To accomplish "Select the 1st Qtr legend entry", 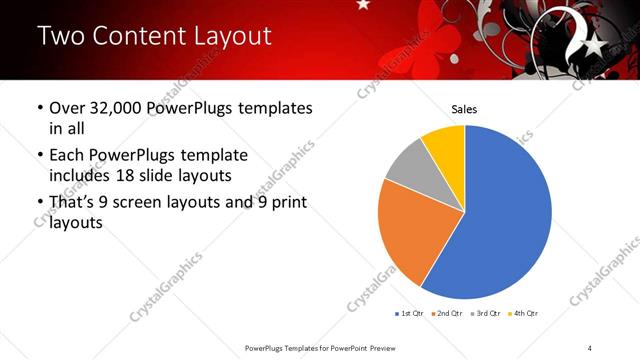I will pos(410,314).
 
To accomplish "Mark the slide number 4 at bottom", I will pos(590,347).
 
